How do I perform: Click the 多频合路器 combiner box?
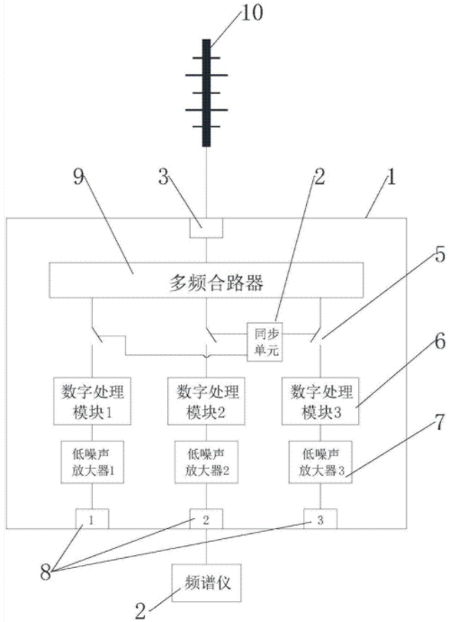point(206,280)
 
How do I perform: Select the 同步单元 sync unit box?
point(265,342)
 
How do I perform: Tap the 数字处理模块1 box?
point(93,401)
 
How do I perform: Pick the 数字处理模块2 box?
point(206,401)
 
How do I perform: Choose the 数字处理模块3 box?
point(320,401)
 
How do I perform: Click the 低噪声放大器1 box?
point(93,462)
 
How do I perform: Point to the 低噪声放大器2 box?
point(206,462)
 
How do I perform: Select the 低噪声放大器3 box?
point(320,462)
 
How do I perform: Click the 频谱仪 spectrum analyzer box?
point(206,582)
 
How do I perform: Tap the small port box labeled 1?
point(92,519)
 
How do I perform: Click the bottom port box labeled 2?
point(206,519)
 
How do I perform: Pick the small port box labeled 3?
point(320,519)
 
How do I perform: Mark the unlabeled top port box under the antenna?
point(206,228)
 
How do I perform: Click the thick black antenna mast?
point(206,93)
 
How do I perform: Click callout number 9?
point(79,178)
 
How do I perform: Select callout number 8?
point(46,572)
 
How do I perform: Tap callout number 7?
point(440,422)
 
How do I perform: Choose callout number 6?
point(440,342)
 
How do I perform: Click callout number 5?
point(440,254)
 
